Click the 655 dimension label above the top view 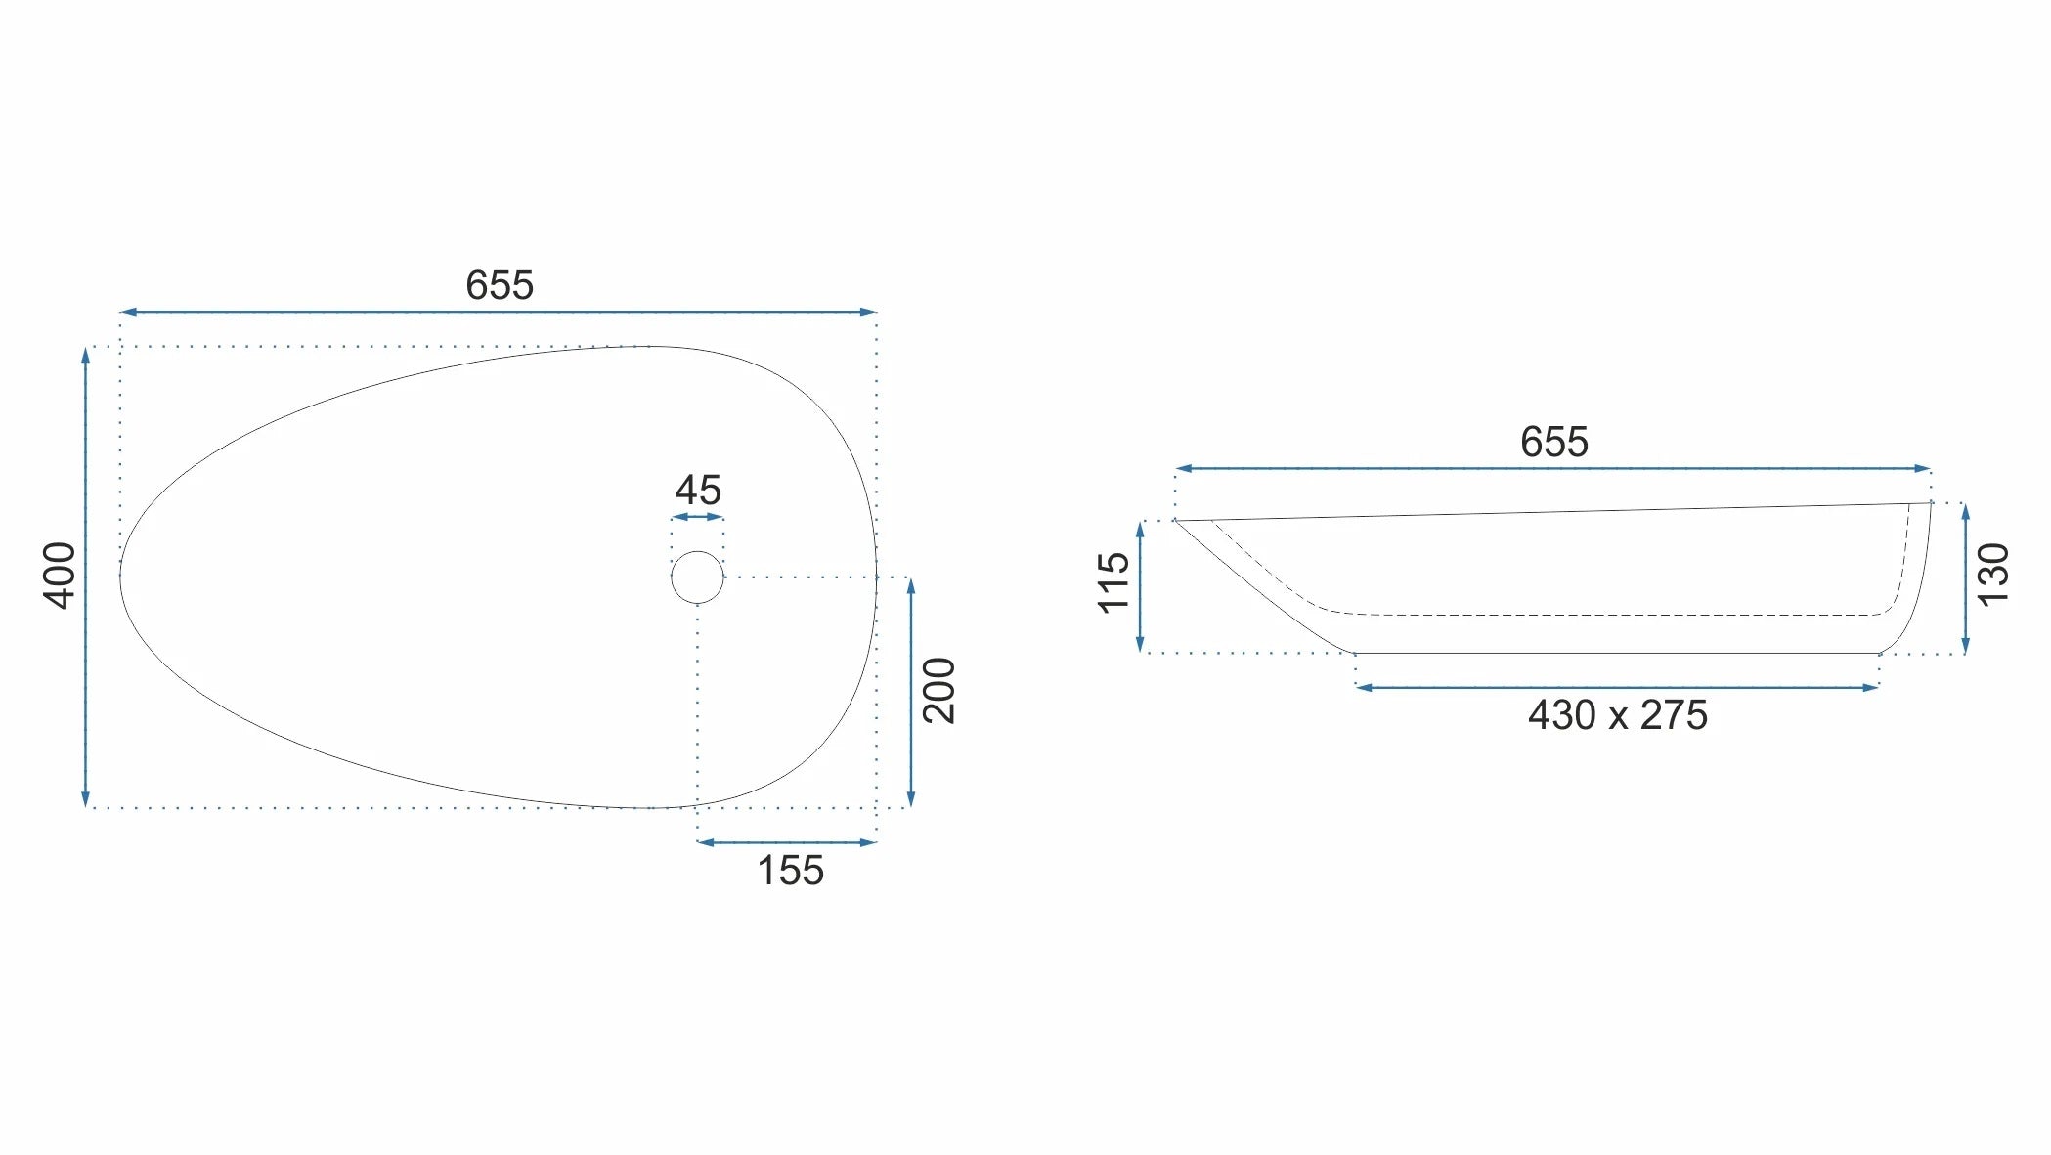click(500, 285)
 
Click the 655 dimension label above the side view click(1553, 442)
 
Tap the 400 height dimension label click(61, 576)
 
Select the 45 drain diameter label click(698, 490)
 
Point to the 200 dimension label click(939, 691)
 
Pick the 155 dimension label click(790, 871)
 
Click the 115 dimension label click(1114, 583)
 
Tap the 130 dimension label click(1993, 575)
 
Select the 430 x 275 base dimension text click(1618, 715)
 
